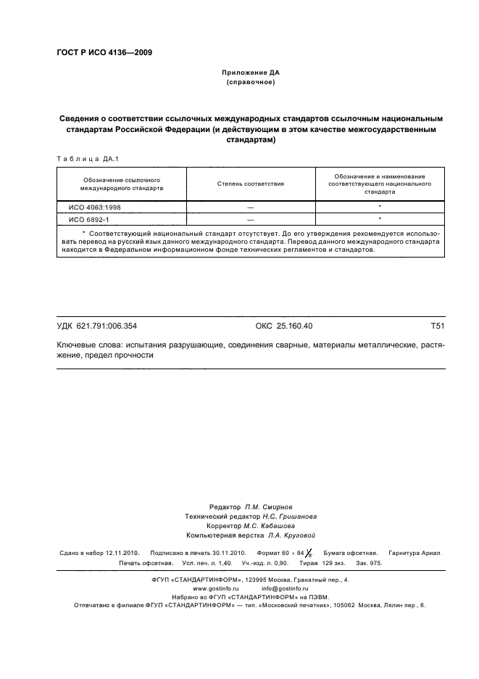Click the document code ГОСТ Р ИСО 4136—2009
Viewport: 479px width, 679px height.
pyautogui.click(x=104, y=52)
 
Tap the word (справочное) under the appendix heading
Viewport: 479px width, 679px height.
pyautogui.click(x=251, y=83)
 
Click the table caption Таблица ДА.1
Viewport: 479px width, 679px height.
pyautogui.click(x=82, y=158)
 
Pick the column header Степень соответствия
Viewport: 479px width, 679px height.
pyautogui.click(x=251, y=184)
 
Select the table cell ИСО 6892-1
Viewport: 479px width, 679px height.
pyautogui.click(x=88, y=218)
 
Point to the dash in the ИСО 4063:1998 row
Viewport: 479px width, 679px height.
pyautogui.click(x=251, y=207)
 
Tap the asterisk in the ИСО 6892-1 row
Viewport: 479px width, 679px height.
pyautogui.click(x=380, y=218)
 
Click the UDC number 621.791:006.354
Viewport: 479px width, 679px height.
pyautogui.click(x=107, y=326)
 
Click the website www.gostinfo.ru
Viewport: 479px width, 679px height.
pyautogui.click(x=215, y=588)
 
